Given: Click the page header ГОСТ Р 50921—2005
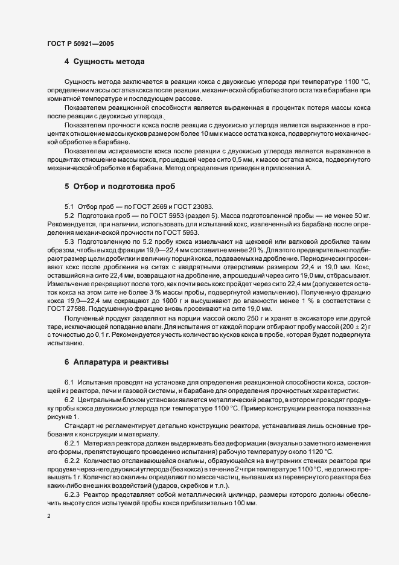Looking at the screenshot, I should point(80,43).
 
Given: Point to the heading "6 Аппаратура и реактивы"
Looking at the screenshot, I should point(117,362).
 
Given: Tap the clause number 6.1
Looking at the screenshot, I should point(69,382).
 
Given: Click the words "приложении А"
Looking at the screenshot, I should point(289,168).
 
